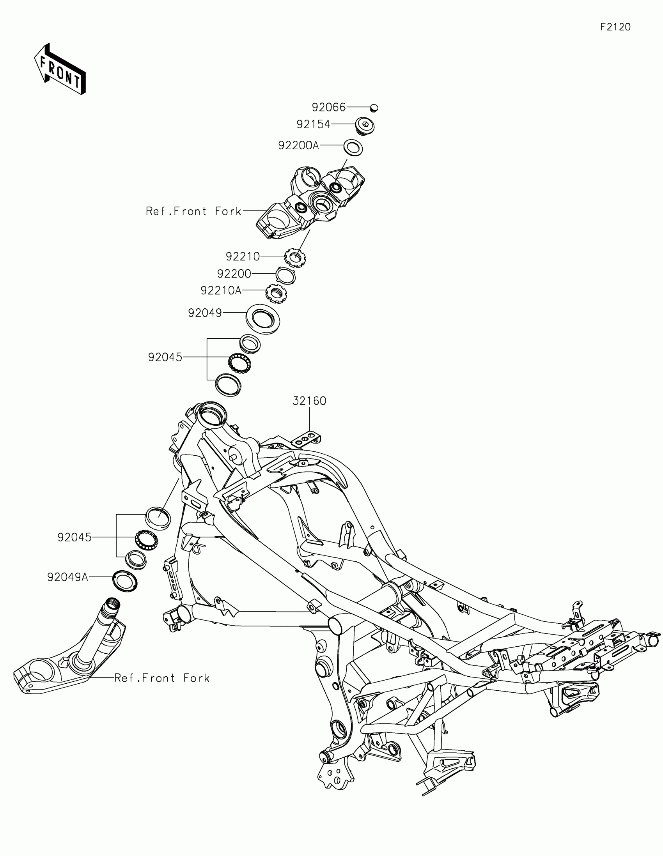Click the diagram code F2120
coord(615,27)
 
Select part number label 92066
coord(328,107)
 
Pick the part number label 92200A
coord(298,145)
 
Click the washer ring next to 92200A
coord(353,148)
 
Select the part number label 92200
coord(234,273)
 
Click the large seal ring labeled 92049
coord(263,318)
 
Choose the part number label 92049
coord(205,313)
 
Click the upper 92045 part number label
coord(165,357)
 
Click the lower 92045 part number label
coord(74,537)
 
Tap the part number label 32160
coord(309,401)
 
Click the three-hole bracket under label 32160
coord(305,439)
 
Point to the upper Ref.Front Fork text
coord(193,211)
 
